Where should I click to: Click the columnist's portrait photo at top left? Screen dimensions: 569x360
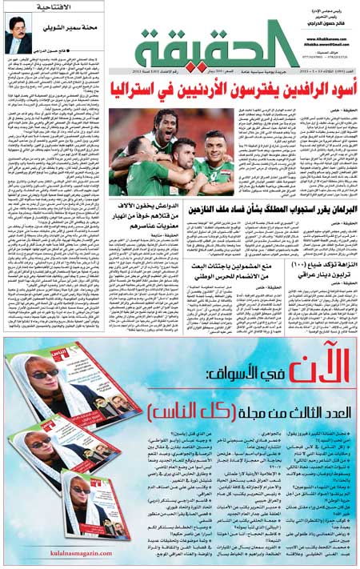click(x=18, y=39)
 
